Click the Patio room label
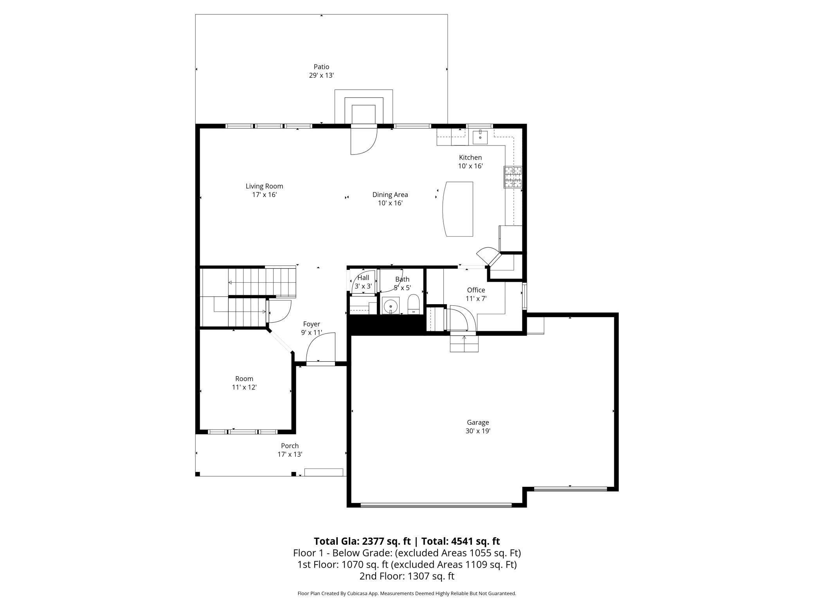(x=321, y=71)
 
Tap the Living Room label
(x=264, y=190)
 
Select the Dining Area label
(x=390, y=199)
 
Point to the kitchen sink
(x=480, y=137)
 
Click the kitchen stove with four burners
(x=513, y=177)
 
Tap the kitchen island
(x=457, y=209)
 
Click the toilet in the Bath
(x=413, y=304)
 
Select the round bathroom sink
(x=390, y=305)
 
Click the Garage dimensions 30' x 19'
(x=478, y=431)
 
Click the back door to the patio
(x=364, y=140)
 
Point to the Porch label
(x=290, y=446)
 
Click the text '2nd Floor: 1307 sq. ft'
(x=407, y=576)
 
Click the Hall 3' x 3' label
(x=363, y=282)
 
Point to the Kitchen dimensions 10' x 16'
(x=470, y=166)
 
